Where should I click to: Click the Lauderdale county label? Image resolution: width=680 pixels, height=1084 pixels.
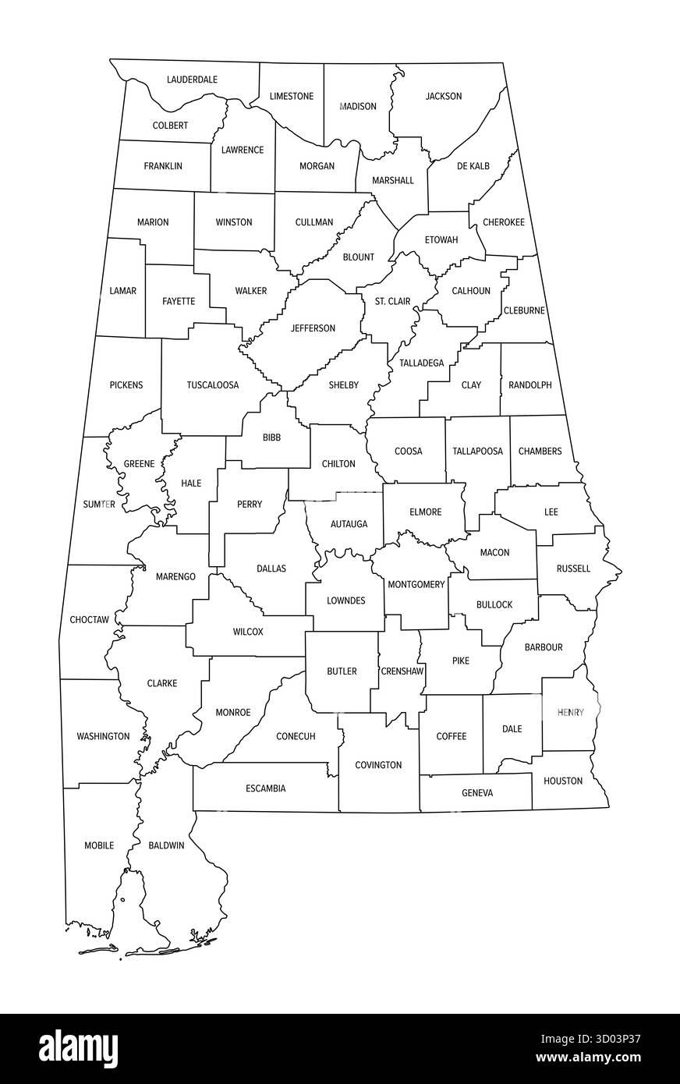pyautogui.click(x=192, y=80)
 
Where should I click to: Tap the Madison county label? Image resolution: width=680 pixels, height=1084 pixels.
pyautogui.click(x=358, y=106)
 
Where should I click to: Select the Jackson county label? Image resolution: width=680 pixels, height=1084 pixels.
pyautogui.click(x=443, y=97)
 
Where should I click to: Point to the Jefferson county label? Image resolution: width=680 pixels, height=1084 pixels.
pyautogui.click(x=313, y=328)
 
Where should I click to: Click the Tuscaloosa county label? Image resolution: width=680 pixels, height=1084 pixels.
pyautogui.click(x=212, y=385)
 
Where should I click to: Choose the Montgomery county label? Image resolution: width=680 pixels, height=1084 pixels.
pyautogui.click(x=416, y=585)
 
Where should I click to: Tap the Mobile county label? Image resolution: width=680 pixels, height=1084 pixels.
pyautogui.click(x=99, y=845)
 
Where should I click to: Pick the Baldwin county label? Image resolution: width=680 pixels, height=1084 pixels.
pyautogui.click(x=166, y=845)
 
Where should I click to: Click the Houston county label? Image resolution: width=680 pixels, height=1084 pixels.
pyautogui.click(x=563, y=781)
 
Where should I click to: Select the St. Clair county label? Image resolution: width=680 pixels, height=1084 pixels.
pyautogui.click(x=392, y=301)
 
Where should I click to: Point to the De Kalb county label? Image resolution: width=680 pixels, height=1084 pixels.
pyautogui.click(x=473, y=166)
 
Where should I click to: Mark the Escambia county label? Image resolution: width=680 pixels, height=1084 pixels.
pyautogui.click(x=266, y=788)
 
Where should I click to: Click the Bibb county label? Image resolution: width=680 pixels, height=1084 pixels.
pyautogui.click(x=271, y=437)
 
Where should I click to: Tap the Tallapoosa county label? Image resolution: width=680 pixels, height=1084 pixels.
pyautogui.click(x=477, y=452)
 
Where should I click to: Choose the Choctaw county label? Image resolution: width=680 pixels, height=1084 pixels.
pyautogui.click(x=89, y=620)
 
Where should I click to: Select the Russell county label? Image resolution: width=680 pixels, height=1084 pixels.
pyautogui.click(x=573, y=569)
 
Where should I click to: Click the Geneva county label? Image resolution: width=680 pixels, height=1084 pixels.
pyautogui.click(x=477, y=793)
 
